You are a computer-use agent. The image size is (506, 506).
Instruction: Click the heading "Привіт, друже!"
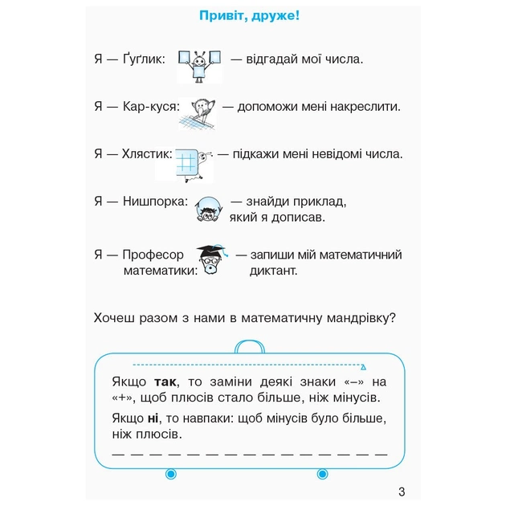click(x=254, y=17)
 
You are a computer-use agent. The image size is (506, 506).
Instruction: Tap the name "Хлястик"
click(x=145, y=154)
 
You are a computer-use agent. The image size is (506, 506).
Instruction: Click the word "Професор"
click(x=153, y=255)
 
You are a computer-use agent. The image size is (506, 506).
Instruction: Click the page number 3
click(x=402, y=492)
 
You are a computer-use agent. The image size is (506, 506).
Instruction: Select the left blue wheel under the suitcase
click(x=170, y=475)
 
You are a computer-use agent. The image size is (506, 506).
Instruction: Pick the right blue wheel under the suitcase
click(x=323, y=475)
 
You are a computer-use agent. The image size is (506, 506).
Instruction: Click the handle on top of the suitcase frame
click(x=247, y=346)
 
